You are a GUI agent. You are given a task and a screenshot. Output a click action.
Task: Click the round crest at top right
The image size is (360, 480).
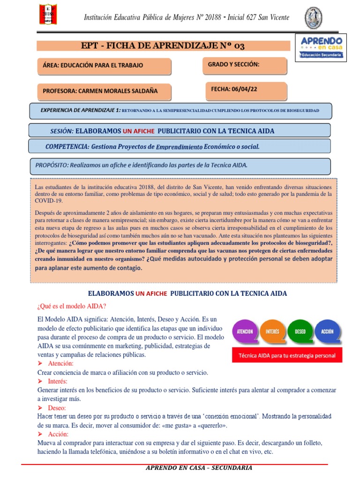[x=313, y=17]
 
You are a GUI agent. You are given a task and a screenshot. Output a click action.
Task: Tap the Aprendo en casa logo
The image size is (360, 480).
[x=321, y=47]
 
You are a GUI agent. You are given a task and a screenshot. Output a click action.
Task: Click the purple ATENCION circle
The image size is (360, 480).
[x=245, y=331]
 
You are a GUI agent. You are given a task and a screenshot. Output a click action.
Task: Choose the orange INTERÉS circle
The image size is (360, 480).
[x=272, y=331]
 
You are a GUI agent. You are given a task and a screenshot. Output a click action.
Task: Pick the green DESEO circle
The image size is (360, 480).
[x=300, y=331]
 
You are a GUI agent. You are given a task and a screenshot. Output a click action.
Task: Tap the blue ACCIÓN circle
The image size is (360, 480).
[x=327, y=331]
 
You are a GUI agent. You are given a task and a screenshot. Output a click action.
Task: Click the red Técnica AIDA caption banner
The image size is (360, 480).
[x=287, y=355]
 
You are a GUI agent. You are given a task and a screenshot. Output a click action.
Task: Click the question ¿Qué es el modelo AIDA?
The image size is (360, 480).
[x=71, y=307]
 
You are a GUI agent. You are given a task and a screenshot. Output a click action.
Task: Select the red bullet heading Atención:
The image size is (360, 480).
[x=60, y=363]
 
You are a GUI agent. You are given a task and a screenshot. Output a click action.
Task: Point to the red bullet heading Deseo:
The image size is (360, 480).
[x=57, y=408]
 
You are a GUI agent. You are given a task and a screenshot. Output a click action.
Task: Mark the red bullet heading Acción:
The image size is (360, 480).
[x=59, y=435]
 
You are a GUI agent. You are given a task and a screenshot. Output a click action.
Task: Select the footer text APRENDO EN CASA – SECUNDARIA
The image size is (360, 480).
[x=199, y=468]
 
